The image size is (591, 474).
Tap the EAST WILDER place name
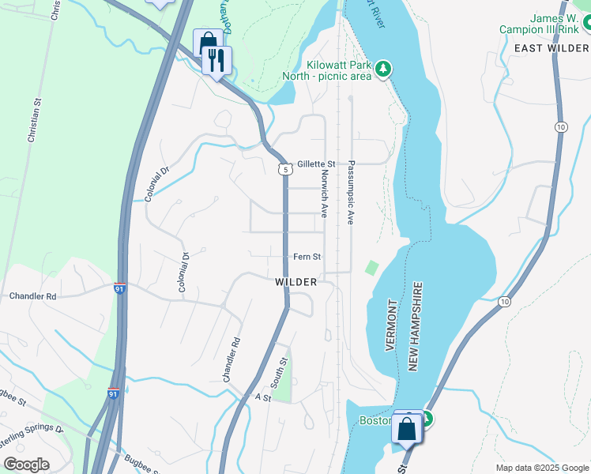pyautogui.click(x=551, y=48)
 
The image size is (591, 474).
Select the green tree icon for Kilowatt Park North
pyautogui.click(x=383, y=70)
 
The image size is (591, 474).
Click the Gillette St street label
pyautogui.click(x=317, y=164)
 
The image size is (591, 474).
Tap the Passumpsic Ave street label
pyautogui.click(x=352, y=194)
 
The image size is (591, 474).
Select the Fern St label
pyautogui.click(x=307, y=257)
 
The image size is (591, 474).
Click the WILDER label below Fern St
pyautogui.click(x=296, y=282)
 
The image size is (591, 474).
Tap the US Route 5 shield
pyautogui.click(x=284, y=169)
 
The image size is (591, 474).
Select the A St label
pyautogui.click(x=262, y=398)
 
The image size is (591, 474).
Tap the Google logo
pyautogui.click(x=26, y=465)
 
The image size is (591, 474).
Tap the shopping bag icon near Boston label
pyautogui.click(x=408, y=429)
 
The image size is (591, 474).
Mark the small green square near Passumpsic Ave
pyautogui.click(x=371, y=268)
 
